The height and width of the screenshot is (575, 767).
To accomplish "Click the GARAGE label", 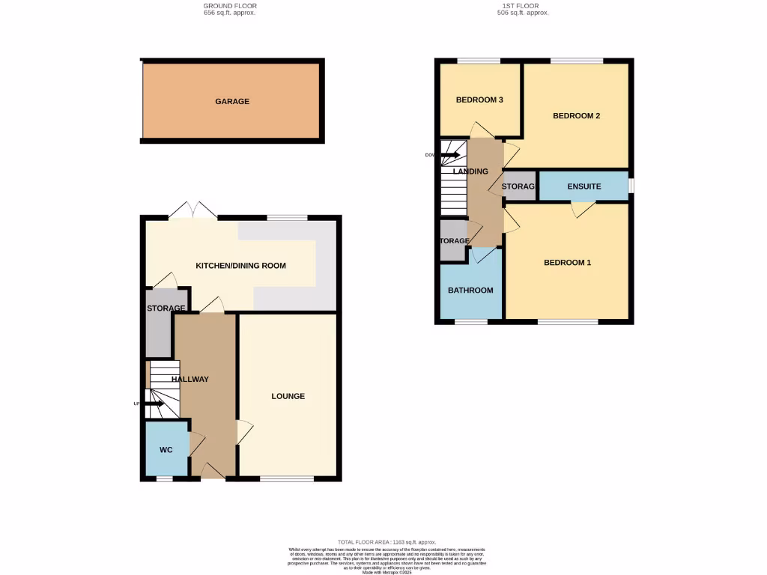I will [x=232, y=101].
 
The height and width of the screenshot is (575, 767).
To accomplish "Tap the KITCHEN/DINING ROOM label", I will [x=240, y=266].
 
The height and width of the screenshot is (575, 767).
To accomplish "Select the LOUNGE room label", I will [x=288, y=396].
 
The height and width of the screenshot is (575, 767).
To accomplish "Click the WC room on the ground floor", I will [x=166, y=450].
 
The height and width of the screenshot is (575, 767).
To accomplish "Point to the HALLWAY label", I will [x=190, y=380].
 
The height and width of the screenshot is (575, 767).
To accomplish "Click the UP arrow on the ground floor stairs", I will [x=154, y=404].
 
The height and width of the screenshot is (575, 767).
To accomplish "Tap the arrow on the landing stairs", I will [x=451, y=155].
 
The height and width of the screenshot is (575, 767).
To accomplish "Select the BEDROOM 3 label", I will [x=479, y=100].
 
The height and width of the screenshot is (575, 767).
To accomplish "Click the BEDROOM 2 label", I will [x=577, y=115].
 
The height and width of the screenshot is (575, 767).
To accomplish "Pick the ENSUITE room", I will [x=584, y=186].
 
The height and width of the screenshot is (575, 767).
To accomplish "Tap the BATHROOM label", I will [x=470, y=290].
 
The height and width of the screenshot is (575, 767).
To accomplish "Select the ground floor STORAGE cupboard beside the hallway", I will [x=158, y=329].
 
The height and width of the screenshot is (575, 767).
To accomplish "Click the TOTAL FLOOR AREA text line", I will [x=387, y=542].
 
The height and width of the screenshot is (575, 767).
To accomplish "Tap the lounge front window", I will [x=286, y=478].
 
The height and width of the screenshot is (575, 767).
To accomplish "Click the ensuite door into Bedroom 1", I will [x=582, y=209].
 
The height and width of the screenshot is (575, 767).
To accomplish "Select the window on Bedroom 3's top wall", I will [x=479, y=61].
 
